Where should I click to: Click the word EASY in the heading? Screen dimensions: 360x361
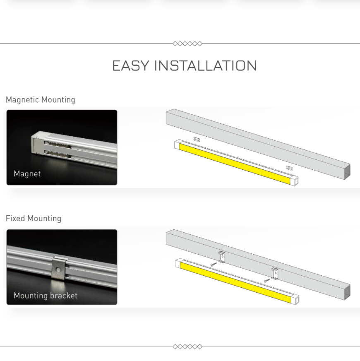130,65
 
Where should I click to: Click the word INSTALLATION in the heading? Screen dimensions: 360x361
205,65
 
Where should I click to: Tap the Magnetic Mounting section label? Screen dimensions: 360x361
41,100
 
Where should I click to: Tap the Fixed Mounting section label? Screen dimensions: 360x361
34,218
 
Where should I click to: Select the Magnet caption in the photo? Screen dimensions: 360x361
27,173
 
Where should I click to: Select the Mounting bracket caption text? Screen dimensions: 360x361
46,296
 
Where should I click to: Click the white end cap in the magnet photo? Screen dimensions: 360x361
38,144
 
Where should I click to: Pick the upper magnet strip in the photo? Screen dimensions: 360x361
58,144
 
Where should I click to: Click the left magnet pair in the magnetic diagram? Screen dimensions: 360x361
197,140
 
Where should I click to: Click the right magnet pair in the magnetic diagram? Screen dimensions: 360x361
289,168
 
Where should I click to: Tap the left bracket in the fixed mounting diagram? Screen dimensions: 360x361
222,257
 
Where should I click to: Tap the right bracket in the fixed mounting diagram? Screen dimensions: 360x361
275,274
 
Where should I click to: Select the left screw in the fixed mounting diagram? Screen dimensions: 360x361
214,265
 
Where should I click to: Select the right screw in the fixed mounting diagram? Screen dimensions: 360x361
267,280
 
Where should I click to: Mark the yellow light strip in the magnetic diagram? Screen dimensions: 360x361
235,164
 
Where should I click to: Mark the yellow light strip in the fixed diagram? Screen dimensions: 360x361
236,282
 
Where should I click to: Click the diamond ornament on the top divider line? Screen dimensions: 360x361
187,43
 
